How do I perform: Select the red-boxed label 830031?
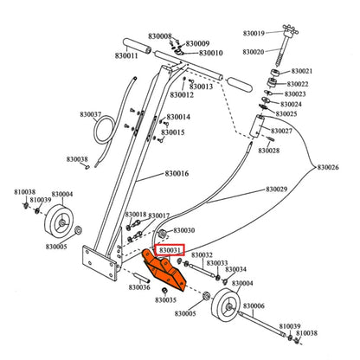tap(168, 250)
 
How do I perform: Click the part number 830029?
tap(277, 189)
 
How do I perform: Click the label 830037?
tap(88, 114)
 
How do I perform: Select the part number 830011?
tap(125, 55)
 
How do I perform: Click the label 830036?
tap(139, 287)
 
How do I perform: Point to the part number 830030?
tap(183, 231)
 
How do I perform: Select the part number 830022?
tap(297, 84)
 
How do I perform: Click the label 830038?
tap(77, 159)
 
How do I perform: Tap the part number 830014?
tap(178, 117)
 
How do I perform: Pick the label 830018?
tap(136, 214)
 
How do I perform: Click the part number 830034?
tap(235, 269)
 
